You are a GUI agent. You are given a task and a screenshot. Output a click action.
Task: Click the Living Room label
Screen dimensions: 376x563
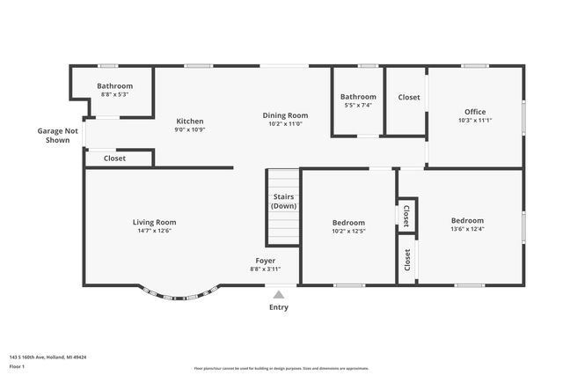[154, 222]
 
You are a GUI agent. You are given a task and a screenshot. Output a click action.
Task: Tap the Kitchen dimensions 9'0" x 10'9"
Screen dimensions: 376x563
[189, 130]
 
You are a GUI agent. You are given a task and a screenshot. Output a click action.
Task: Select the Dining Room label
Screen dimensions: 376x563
[285, 114]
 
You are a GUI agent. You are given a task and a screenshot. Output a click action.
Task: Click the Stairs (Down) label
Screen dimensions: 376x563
[283, 201]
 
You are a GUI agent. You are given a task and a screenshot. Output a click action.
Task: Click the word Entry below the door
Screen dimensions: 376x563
[278, 307]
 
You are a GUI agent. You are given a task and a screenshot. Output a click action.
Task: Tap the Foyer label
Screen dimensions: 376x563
[265, 261]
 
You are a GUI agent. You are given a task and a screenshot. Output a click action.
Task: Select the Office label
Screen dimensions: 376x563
[475, 111]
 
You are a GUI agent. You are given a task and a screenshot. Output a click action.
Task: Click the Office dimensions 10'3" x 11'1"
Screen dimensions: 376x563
[475, 121]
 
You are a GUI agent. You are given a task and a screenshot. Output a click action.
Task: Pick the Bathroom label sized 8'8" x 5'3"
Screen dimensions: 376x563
[114, 85]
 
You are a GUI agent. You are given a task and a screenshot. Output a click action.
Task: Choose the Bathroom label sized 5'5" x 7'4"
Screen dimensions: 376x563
[358, 96]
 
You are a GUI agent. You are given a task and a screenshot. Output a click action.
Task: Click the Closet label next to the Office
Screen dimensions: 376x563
[409, 97]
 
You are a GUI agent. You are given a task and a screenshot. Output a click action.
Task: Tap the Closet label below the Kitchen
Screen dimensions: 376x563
[114, 159]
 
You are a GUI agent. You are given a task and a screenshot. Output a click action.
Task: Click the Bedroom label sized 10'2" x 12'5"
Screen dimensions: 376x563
[348, 222]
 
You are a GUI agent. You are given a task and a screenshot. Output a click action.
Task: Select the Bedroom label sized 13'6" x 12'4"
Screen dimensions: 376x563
[467, 220]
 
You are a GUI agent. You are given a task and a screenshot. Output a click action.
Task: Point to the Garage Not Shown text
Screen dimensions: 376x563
[57, 135]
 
